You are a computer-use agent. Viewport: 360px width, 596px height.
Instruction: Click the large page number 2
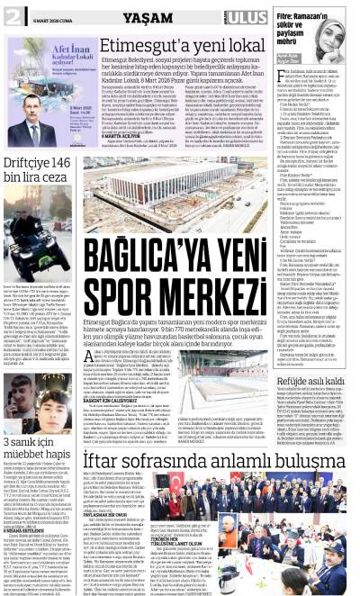click(x=12, y=15)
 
